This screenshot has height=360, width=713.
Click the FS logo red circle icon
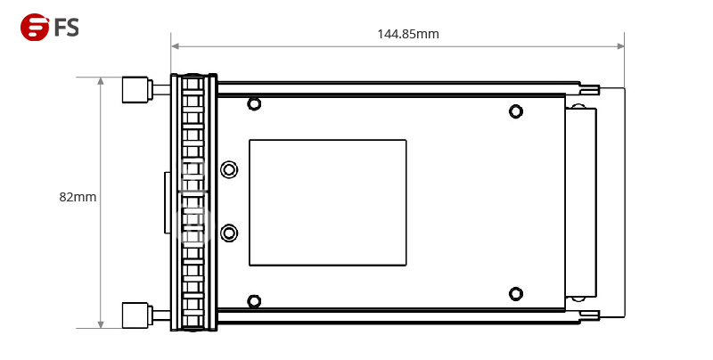tap(34, 28)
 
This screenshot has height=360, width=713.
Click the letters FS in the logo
tap(67, 28)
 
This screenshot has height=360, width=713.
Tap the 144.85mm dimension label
tap(407, 34)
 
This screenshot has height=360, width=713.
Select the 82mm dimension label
tap(78, 197)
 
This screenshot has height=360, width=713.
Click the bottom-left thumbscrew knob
tap(135, 314)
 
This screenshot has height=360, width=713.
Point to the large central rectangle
tap(327, 202)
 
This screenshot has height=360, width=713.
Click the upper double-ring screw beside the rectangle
tap(229, 169)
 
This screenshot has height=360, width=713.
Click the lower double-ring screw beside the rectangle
tap(229, 233)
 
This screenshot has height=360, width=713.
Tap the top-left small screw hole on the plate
tap(254, 104)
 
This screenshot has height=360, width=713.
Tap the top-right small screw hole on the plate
tap(515, 111)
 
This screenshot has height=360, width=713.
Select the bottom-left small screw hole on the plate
tap(254, 300)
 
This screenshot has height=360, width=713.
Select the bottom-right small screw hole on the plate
tap(515, 293)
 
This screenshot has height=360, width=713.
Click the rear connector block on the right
tap(580, 202)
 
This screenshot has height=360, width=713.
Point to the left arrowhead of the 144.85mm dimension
tap(176, 45)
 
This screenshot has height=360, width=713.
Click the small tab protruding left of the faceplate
tap(167, 202)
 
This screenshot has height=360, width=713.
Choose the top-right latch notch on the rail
tap(589, 88)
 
